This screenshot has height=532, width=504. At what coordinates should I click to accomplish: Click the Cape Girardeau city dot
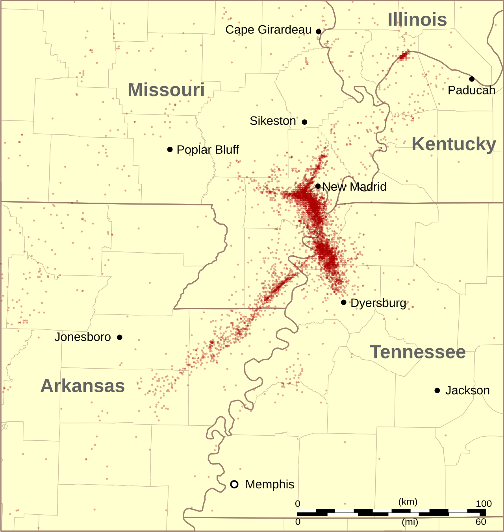(319, 31)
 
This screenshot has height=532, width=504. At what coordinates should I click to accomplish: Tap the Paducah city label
(471, 90)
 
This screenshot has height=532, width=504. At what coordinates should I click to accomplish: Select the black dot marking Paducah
(472, 79)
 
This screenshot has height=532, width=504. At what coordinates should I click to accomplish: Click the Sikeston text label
(272, 121)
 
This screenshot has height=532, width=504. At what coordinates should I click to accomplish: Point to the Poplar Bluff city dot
(170, 150)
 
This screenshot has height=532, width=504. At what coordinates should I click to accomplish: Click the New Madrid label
(354, 187)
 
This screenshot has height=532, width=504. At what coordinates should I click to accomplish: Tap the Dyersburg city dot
(344, 302)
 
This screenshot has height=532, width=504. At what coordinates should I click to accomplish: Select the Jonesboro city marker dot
(120, 337)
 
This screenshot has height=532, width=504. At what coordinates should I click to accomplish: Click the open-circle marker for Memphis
(234, 484)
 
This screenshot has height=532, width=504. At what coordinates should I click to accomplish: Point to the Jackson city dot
(437, 390)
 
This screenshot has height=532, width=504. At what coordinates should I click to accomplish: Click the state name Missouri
(166, 90)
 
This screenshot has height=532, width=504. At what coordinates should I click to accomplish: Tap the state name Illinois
(417, 20)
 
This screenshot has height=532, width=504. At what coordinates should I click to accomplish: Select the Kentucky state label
(454, 144)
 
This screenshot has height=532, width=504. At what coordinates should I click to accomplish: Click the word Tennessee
(418, 352)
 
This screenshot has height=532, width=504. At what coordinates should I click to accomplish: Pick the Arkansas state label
(83, 386)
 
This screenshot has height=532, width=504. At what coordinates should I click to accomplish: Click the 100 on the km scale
(484, 504)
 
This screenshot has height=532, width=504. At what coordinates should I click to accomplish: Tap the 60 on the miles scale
(481, 522)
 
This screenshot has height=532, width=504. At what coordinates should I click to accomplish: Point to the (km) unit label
(408, 502)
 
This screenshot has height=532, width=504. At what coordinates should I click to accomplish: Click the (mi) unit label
(410, 522)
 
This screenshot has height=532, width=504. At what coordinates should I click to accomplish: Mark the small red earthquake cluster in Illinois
(403, 55)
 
